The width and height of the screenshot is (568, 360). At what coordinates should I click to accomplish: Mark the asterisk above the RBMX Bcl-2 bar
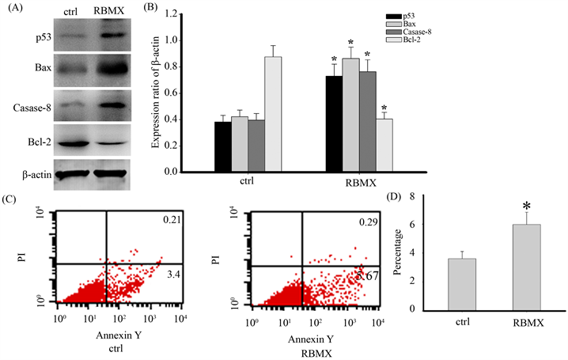pos(384,109)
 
